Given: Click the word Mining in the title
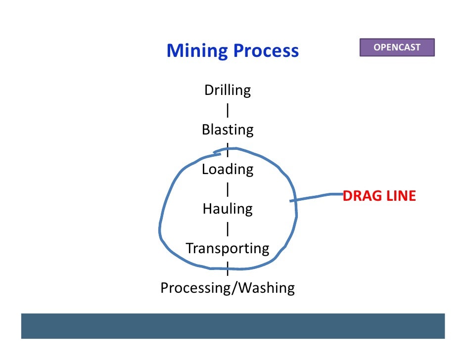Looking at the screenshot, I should (197, 51).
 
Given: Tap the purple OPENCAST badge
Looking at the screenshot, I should (397, 47).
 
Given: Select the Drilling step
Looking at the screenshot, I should (228, 90).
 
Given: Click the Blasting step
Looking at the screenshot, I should (228, 130).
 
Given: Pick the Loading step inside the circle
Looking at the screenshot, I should (228, 170).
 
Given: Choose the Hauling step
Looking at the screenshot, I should (228, 209).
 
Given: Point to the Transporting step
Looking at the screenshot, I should (228, 248).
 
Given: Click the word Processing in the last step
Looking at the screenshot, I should (192, 288).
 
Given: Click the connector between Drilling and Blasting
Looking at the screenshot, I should (228, 110).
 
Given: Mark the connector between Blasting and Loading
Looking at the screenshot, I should (228, 149).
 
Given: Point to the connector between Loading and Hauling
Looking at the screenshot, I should (228, 189).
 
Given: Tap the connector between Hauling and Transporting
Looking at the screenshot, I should (228, 229).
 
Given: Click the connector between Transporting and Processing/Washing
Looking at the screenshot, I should (228, 269).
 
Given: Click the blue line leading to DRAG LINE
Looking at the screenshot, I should (317, 197).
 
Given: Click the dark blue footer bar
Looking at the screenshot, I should (233, 326).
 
